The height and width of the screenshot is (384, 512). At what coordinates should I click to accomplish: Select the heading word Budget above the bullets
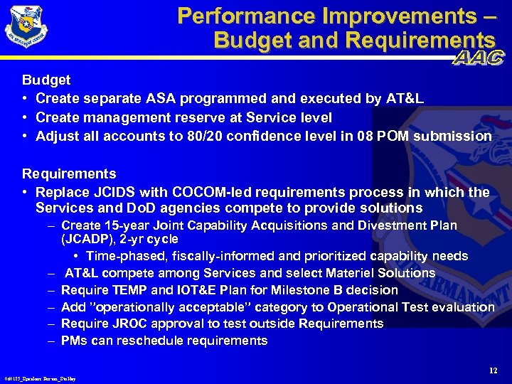coord(46,80)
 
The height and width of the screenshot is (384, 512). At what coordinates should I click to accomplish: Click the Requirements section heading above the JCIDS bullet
coord(69,174)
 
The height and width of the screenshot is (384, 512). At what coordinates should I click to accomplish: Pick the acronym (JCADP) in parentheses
coord(87,239)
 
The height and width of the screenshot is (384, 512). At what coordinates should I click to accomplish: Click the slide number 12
coord(494,370)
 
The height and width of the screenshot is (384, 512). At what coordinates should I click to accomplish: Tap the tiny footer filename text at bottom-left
coord(40,379)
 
